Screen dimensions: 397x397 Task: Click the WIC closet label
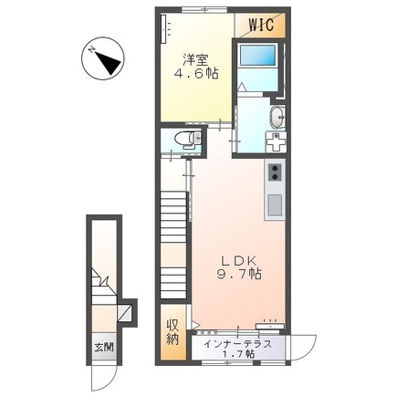click(261, 25)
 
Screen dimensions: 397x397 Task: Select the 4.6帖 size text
click(196, 74)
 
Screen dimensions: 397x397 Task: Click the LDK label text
click(239, 260)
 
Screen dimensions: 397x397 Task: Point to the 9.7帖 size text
click(239, 275)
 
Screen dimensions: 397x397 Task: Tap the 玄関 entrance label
click(104, 347)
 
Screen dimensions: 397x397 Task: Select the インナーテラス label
click(237, 344)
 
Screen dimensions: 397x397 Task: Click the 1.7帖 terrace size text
click(239, 354)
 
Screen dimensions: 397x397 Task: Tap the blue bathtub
click(257, 55)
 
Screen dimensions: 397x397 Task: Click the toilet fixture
click(188, 140)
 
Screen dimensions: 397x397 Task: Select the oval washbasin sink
click(277, 118)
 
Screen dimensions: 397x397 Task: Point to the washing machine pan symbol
click(276, 142)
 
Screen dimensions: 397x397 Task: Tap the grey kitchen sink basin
click(275, 205)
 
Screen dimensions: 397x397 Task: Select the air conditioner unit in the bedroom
click(164, 29)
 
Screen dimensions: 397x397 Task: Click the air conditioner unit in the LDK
click(270, 326)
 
